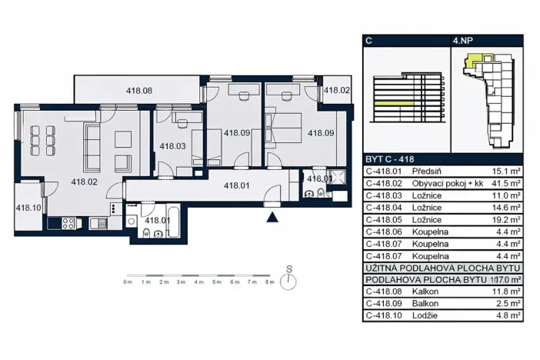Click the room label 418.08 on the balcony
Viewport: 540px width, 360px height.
pos(139,91)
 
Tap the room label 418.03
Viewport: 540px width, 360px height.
pos(172,145)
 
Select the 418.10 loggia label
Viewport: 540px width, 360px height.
pos(29,207)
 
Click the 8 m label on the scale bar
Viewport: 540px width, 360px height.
pos(269,283)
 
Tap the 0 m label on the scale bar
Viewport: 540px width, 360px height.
pos(128,283)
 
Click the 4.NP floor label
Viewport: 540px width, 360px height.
pos(464,40)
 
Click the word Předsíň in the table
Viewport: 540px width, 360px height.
pos(426,172)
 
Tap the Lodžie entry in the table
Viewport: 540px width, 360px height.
pos(425,315)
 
